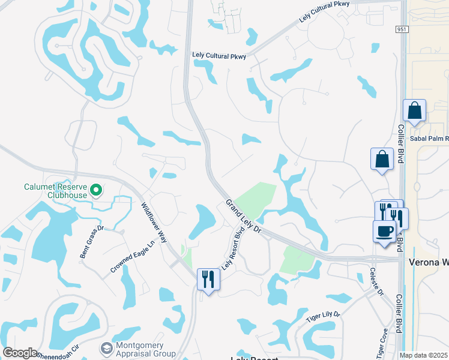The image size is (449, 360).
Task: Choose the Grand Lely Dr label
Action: (244, 217)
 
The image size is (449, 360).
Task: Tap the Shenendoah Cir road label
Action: (59, 352)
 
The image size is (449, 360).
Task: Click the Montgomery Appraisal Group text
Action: (145, 349)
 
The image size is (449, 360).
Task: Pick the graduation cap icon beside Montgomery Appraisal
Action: (106, 349)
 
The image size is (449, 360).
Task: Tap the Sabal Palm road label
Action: (429, 138)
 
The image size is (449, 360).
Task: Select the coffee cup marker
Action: (384, 230)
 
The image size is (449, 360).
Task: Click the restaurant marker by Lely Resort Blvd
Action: (208, 278)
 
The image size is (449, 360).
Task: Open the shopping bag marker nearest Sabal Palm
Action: (414, 111)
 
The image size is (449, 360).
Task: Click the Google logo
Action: (20, 353)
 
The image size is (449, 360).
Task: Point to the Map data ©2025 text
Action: (423, 355)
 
